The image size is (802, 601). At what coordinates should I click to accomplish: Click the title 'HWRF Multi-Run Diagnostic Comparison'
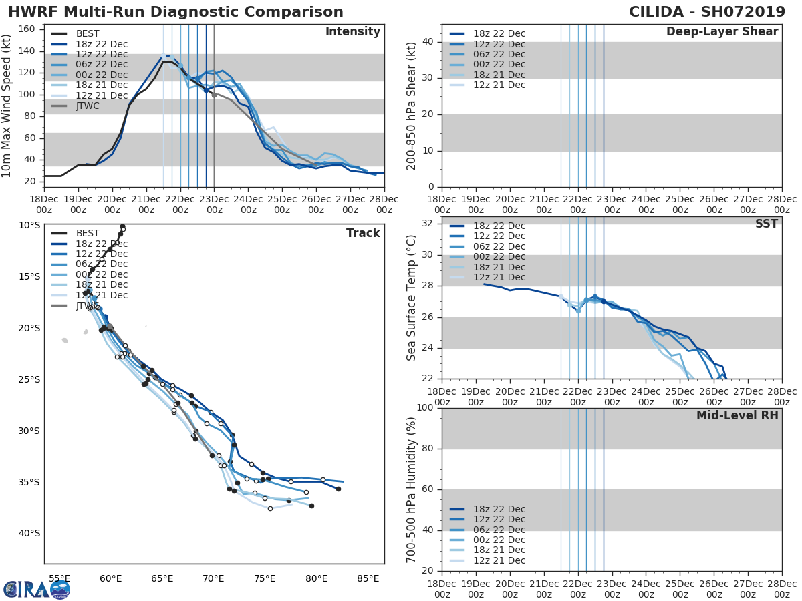pos(176,12)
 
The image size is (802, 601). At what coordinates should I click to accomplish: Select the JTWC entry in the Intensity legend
pos(88,106)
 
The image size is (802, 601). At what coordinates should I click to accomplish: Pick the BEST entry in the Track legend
pos(88,234)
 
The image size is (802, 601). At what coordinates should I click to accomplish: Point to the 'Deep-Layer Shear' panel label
pos(722,32)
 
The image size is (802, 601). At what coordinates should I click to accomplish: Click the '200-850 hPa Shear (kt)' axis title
pos(412,106)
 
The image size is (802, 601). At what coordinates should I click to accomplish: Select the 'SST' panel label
pos(767,224)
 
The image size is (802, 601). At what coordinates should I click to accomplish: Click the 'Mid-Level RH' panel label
pos(737,415)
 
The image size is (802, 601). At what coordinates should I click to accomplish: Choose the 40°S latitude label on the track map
pos(29,533)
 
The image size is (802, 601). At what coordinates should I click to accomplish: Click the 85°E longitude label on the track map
pos(368,579)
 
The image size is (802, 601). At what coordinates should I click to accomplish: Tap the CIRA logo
pos(37,589)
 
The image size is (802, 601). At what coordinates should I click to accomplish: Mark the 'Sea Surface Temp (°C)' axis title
pos(412,298)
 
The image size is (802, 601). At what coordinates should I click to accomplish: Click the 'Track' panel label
pos(363,233)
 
